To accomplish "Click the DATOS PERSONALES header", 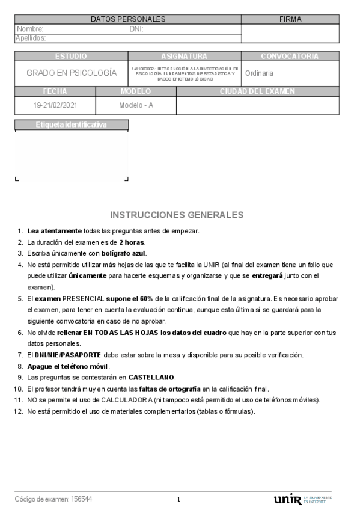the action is (128, 19).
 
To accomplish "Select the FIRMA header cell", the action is (290, 19).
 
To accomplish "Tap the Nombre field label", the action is (30, 29).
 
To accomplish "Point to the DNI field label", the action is (136, 29).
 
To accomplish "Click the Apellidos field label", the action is (31, 38).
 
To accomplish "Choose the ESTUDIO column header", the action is (71, 56).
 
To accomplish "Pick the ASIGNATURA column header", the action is (184, 56).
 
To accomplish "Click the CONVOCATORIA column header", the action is (290, 56).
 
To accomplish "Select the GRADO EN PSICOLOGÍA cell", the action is (71, 73).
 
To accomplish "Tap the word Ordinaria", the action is (260, 73).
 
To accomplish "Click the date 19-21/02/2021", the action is (55, 105).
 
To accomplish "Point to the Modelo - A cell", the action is (136, 105).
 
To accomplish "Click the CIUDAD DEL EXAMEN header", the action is (257, 91).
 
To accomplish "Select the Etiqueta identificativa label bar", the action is (71, 125).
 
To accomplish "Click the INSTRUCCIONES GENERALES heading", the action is (177, 215).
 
